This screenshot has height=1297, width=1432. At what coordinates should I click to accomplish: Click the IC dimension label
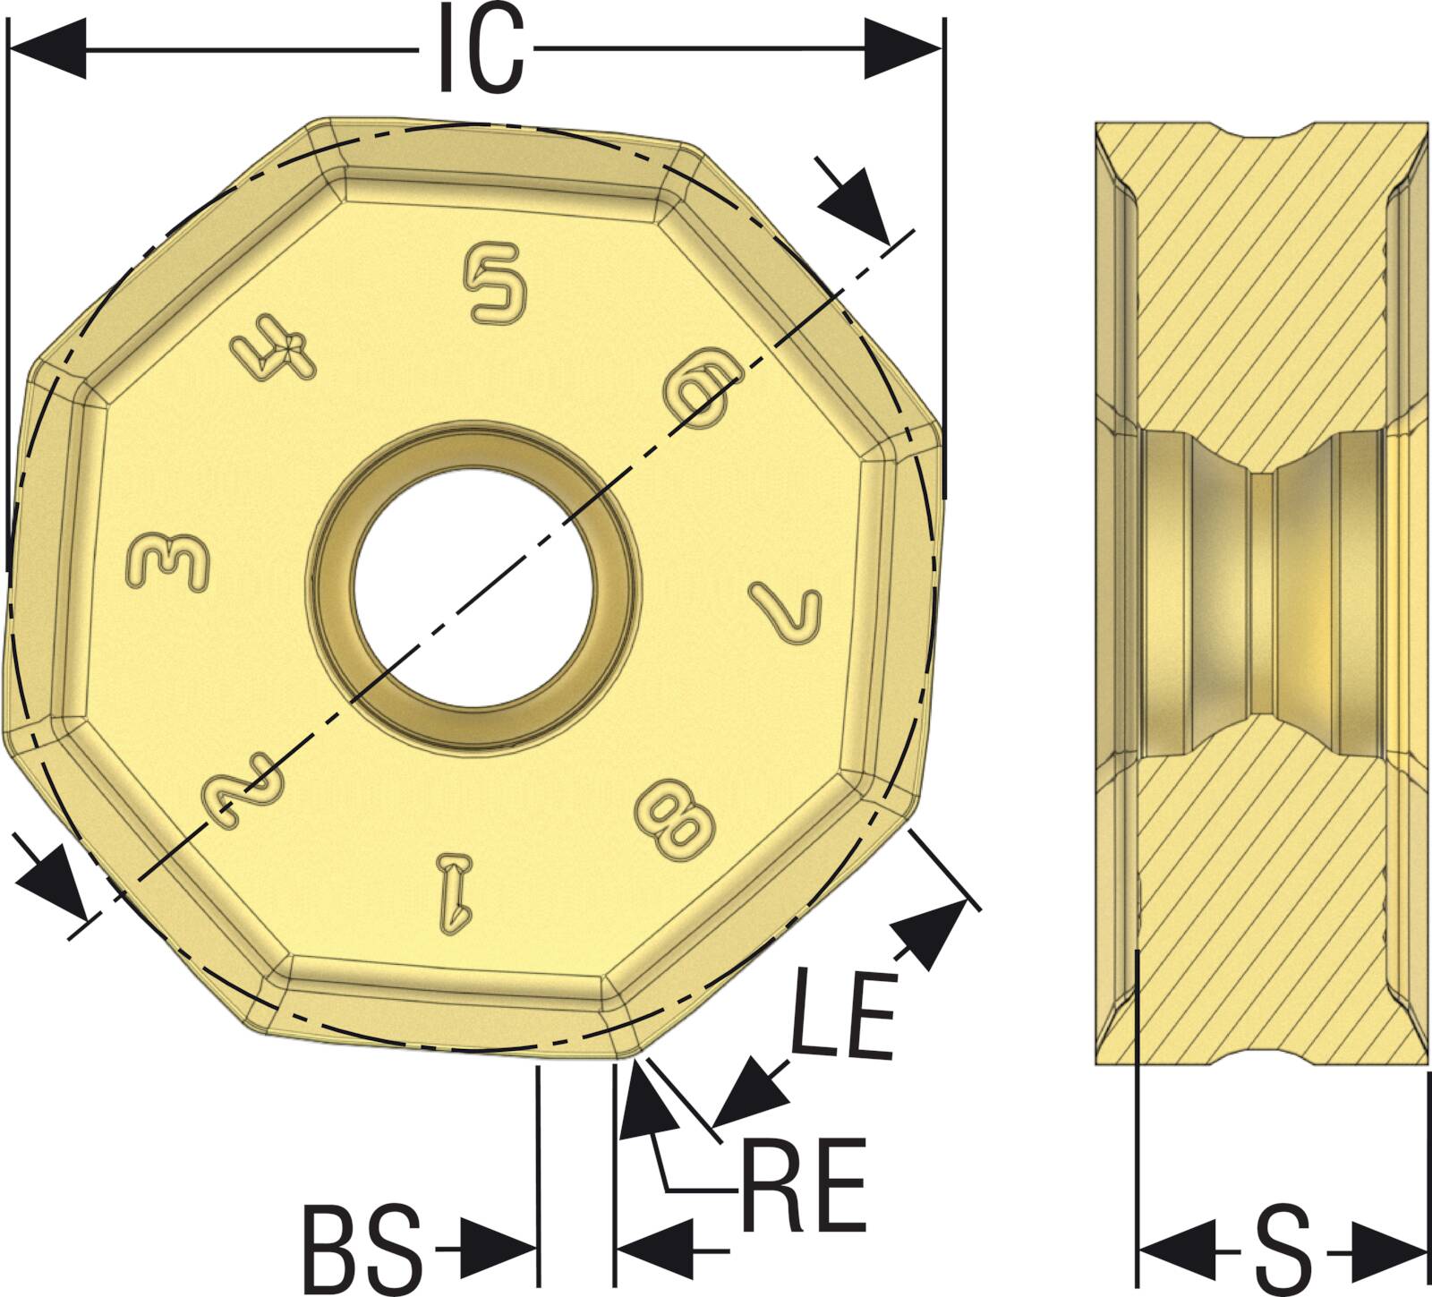tap(481, 49)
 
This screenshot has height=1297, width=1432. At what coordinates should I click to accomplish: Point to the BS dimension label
tap(362, 1246)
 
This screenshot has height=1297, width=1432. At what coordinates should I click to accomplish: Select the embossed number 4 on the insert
tap(273, 352)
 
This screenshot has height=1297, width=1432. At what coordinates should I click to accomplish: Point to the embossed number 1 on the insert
tap(454, 892)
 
